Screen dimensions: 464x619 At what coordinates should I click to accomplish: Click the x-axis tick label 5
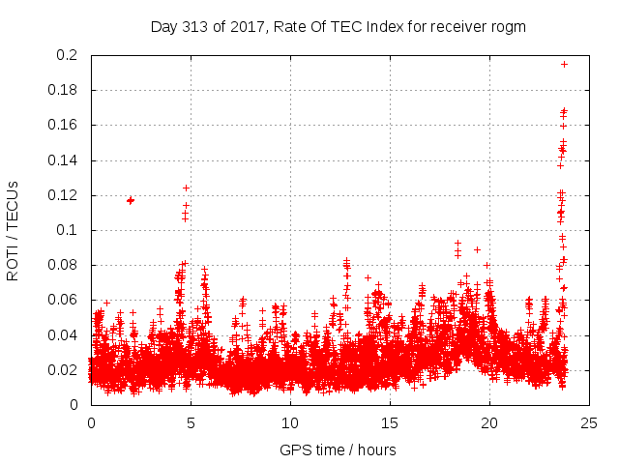click(191, 422)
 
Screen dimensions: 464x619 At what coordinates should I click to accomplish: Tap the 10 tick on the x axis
click(290, 422)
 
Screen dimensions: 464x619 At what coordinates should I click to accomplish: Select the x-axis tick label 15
click(390, 422)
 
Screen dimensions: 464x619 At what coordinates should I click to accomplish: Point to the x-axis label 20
click(489, 422)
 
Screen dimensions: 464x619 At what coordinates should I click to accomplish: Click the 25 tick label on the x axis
click(589, 422)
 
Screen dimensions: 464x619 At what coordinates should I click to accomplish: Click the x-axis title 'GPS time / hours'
click(339, 449)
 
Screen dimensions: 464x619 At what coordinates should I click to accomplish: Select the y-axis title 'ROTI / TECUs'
click(13, 230)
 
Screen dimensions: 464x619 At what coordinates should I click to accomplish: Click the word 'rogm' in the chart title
click(508, 27)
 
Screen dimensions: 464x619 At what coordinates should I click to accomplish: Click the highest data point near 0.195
click(564, 64)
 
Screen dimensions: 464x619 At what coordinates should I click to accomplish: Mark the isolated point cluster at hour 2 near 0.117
click(131, 200)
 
